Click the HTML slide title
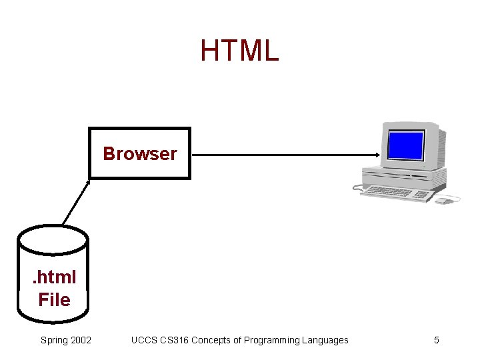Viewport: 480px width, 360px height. click(239, 51)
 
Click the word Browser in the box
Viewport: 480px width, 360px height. click(140, 154)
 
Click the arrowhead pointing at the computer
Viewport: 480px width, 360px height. click(378, 155)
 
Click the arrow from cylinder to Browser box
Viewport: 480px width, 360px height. click(76, 201)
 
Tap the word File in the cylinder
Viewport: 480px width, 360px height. click(54, 300)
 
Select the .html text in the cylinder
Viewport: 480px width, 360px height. click(55, 277)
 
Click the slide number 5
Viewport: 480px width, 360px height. click(437, 340)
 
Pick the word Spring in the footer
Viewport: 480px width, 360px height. click(53, 341)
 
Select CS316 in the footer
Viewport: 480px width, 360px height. click(177, 340)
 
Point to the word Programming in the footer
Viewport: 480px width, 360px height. click(273, 341)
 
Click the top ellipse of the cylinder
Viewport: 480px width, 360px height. click(53, 239)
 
